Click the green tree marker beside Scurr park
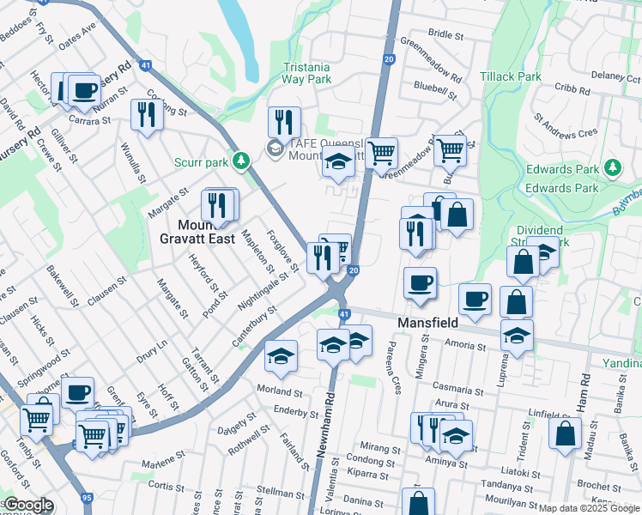(243, 160)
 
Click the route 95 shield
(87, 497)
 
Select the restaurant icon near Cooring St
(147, 114)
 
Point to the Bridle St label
(445, 35)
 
